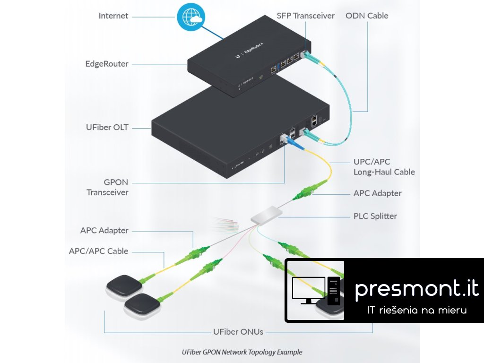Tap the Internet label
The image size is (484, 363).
point(113,16)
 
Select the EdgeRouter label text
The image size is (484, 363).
point(107,63)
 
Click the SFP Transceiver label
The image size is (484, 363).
point(306,16)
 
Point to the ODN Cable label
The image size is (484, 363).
point(367,16)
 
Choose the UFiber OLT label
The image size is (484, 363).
point(107,127)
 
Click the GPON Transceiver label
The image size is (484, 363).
point(107,187)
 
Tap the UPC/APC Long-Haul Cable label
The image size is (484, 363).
point(384,166)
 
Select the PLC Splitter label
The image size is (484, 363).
point(375,216)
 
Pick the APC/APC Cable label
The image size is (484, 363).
point(98,251)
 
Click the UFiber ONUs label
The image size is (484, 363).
point(238,331)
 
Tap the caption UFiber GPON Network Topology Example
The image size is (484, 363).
point(242,352)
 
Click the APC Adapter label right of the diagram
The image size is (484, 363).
point(377,193)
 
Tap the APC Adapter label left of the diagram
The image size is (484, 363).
point(104,230)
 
